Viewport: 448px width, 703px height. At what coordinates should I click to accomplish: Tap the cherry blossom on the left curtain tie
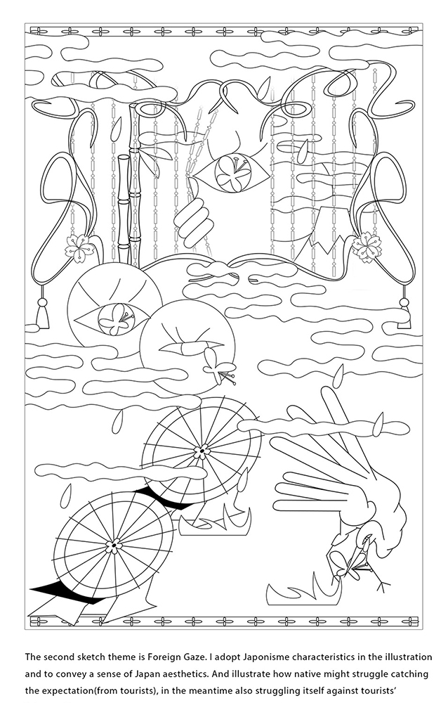(81, 247)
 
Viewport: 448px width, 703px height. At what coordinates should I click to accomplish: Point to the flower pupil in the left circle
(115, 318)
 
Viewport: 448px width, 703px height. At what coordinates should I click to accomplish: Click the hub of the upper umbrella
(202, 450)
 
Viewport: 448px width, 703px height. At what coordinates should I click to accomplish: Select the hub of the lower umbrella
(114, 546)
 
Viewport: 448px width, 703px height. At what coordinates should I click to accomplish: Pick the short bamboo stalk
(124, 209)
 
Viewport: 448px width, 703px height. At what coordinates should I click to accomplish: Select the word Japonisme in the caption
(265, 657)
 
